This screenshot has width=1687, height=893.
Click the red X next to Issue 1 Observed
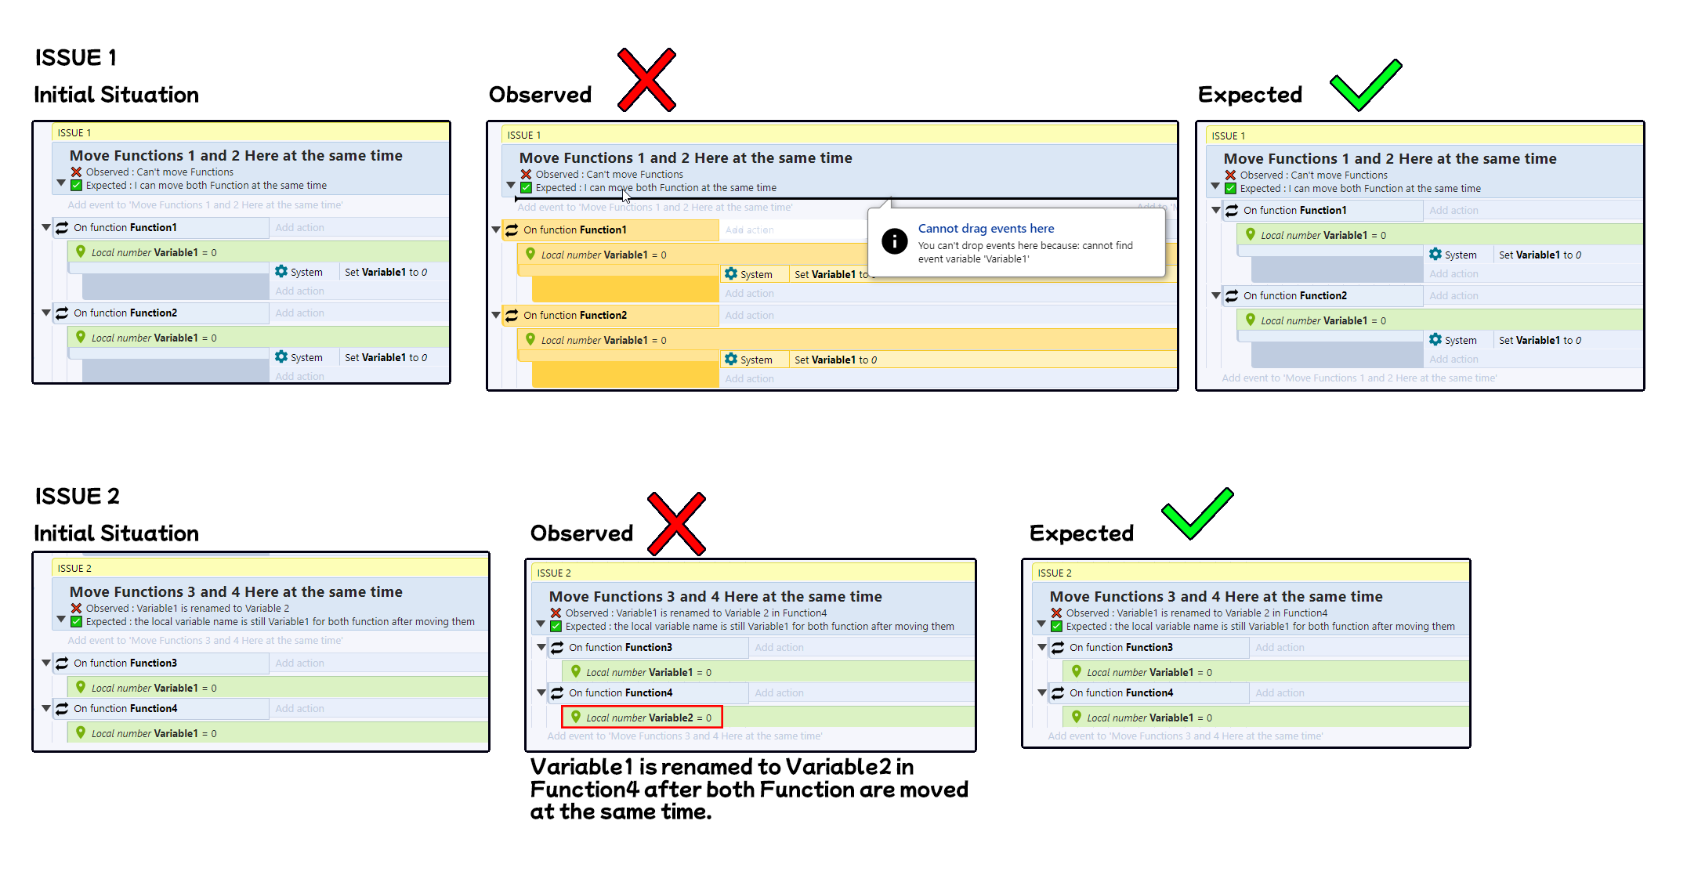coord(646,80)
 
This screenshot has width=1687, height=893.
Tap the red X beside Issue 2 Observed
coord(676,524)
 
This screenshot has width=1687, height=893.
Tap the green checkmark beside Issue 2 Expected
coord(1196,514)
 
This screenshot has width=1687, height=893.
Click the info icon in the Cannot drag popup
coord(894,241)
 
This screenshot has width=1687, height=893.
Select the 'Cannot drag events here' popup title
coord(986,229)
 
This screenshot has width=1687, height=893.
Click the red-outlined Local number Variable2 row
coord(642,718)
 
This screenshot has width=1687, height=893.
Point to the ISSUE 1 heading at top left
coord(76,58)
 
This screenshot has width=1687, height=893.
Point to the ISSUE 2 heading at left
coord(78,497)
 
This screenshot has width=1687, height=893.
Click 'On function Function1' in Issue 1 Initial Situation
coord(125,228)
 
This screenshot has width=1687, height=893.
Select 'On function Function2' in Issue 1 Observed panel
coord(575,316)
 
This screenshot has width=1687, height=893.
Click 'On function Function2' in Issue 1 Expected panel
coord(1294,296)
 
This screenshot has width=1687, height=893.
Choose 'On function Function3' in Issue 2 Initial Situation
coord(125,663)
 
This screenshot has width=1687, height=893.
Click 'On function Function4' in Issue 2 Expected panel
coord(1120,693)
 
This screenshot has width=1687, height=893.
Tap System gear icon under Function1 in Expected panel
coord(1435,255)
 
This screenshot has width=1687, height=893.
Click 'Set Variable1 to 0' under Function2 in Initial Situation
coord(386,358)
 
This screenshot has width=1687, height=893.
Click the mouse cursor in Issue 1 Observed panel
coord(625,195)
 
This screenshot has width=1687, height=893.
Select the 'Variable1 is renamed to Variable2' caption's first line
coord(722,767)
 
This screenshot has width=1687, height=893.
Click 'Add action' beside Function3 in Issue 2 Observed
coord(779,648)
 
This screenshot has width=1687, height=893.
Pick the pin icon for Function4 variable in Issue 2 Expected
coord(1077,717)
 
